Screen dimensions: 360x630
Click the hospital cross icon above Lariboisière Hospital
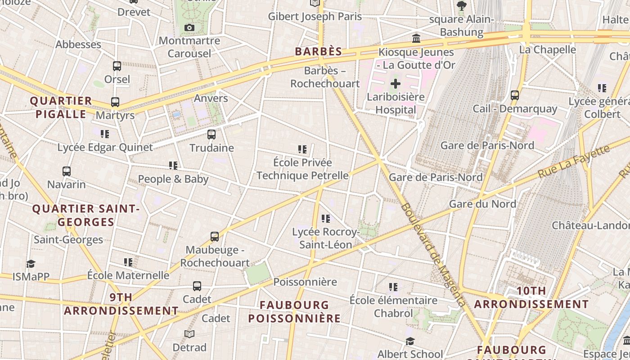(396, 83)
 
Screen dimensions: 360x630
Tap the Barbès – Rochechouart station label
(325, 77)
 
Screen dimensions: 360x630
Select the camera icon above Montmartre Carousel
(189, 28)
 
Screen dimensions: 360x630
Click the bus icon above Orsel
(117, 66)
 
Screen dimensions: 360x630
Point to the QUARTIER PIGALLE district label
(61, 108)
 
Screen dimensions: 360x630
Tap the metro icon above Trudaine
(211, 134)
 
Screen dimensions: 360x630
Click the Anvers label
(211, 98)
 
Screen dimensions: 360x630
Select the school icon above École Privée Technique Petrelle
(302, 149)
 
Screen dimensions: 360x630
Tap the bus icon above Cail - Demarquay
(515, 95)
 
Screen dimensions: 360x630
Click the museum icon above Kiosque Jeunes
(416, 39)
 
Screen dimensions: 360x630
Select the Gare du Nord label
(483, 204)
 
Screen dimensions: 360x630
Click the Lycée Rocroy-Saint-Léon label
(326, 238)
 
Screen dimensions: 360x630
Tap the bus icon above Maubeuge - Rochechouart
(215, 236)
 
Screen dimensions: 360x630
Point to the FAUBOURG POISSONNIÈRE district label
(294, 312)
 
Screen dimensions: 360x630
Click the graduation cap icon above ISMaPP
(31, 264)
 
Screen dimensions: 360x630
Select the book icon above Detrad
(189, 334)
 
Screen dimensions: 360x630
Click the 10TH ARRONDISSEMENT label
(531, 297)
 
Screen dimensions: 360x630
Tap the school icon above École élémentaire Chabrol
(393, 287)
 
